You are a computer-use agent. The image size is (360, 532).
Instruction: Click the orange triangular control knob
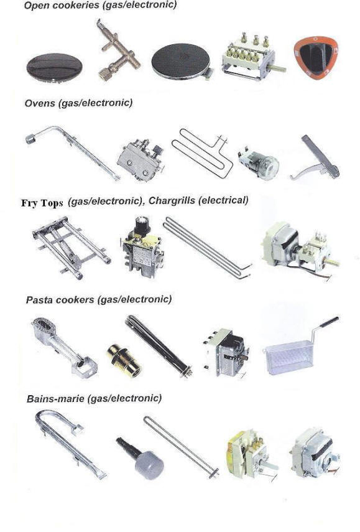click(316, 57)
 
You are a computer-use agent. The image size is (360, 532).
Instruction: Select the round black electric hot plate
click(182, 64)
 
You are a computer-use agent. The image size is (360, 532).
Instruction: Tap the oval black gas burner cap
click(54, 67)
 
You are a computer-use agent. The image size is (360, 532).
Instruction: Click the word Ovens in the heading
click(40, 103)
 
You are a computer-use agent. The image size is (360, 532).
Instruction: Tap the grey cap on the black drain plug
click(149, 464)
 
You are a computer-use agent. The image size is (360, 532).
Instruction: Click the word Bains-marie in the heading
click(55, 398)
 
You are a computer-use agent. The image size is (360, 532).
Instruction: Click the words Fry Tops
click(42, 203)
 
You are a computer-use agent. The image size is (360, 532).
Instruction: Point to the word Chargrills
click(172, 201)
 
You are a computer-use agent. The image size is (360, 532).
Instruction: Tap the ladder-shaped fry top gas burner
click(72, 246)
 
